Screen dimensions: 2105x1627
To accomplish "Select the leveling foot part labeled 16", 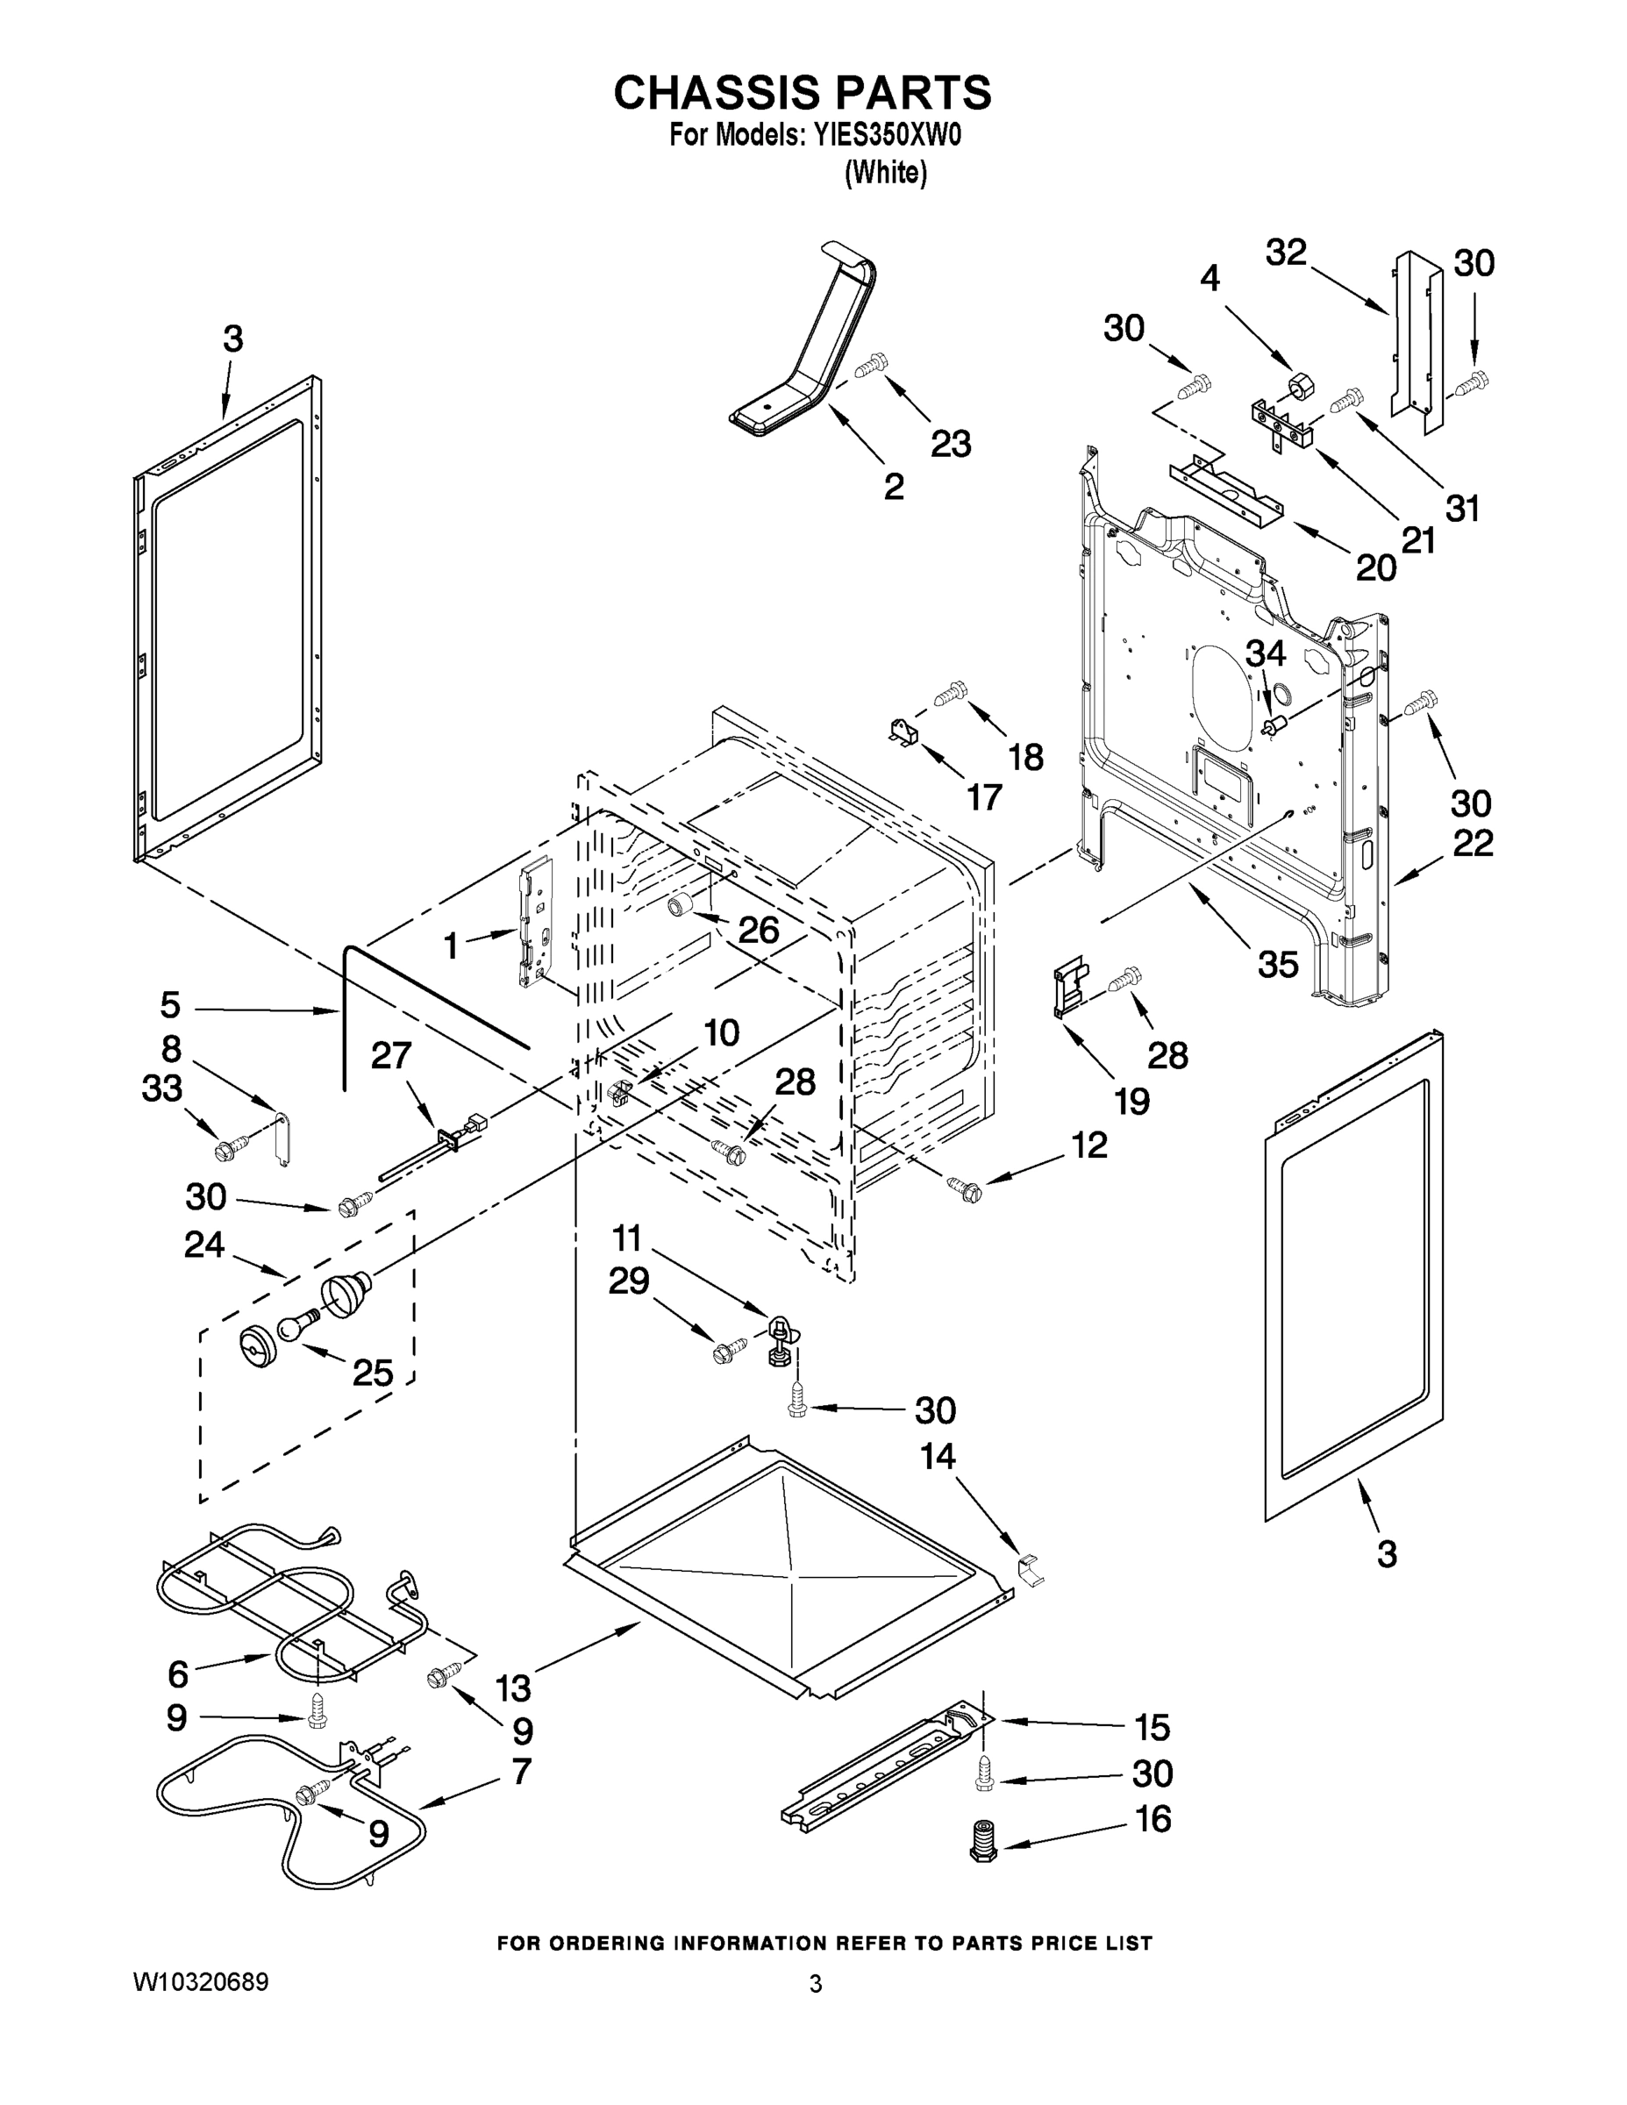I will (982, 1840).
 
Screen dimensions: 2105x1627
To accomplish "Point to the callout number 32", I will (1286, 253).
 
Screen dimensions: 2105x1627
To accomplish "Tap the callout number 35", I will (1277, 963).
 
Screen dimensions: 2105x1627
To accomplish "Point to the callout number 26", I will (758, 929).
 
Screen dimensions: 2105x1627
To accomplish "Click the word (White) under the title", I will (885, 174).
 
